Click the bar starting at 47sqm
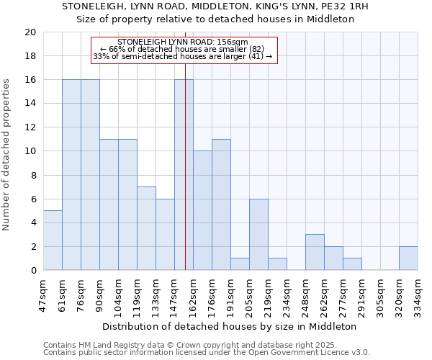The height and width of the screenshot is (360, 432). [53, 240]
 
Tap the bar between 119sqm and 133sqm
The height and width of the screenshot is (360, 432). [146, 228]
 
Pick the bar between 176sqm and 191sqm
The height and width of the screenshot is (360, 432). [221, 204]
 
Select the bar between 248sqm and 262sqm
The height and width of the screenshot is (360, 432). [315, 252]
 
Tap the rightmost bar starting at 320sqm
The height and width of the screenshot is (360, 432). [408, 258]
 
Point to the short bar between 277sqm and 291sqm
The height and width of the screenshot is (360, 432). [352, 264]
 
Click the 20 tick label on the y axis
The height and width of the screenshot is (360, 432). [30, 32]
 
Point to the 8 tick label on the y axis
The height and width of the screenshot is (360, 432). [32, 175]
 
